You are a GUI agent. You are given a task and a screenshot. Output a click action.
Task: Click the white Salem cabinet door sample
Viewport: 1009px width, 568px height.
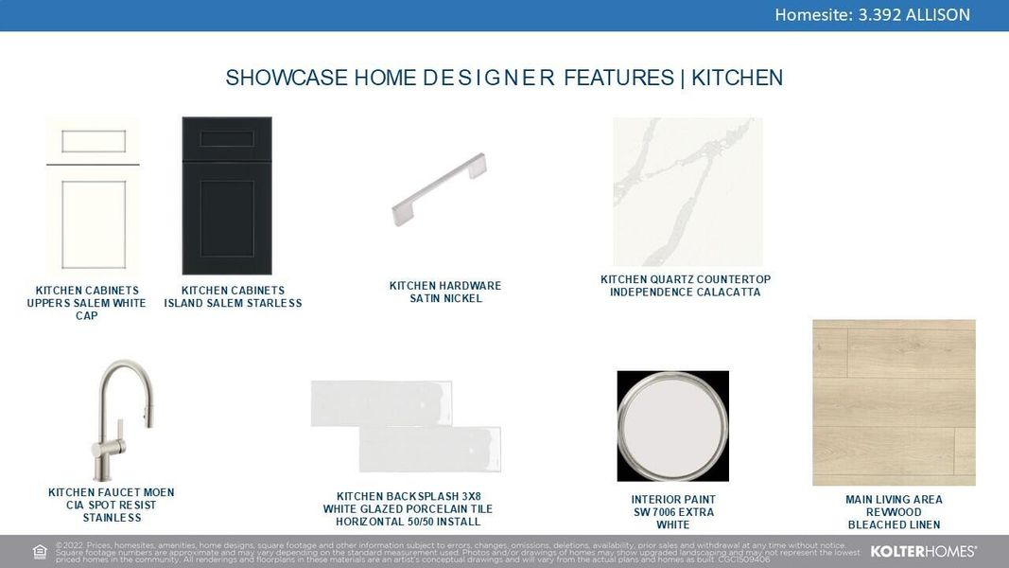click(93, 197)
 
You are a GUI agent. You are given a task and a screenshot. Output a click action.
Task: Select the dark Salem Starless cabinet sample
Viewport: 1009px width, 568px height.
click(226, 196)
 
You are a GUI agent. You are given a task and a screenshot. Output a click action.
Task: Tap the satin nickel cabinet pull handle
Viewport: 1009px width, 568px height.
click(440, 190)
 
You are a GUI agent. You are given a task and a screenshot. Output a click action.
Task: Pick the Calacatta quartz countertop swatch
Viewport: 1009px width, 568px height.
click(687, 192)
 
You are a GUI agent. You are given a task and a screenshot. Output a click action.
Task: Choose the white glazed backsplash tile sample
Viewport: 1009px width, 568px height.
click(406, 426)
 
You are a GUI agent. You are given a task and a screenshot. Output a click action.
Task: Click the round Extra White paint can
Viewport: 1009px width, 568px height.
click(672, 425)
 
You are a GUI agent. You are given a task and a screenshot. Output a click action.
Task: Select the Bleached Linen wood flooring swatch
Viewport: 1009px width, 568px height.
click(894, 402)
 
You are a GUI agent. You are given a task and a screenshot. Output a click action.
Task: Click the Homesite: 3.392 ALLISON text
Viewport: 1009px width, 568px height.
click(872, 14)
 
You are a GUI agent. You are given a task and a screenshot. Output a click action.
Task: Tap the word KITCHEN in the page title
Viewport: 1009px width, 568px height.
click(737, 78)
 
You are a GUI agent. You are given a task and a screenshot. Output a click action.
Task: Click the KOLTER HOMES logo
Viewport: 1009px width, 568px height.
click(923, 551)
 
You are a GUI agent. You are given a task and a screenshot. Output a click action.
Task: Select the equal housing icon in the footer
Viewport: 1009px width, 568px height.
click(40, 552)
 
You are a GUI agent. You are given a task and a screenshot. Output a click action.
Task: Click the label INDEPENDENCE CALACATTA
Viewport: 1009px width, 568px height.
click(685, 293)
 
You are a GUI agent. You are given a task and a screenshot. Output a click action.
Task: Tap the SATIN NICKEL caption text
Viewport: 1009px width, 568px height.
click(445, 299)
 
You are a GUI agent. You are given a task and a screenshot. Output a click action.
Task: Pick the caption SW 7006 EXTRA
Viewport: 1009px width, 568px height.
click(673, 512)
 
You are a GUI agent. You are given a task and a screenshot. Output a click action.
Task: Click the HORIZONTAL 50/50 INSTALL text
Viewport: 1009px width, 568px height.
click(408, 522)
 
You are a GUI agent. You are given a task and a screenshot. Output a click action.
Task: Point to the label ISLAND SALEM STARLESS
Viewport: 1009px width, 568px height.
click(233, 304)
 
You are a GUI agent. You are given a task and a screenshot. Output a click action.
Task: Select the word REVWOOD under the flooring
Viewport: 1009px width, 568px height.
click(894, 512)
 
